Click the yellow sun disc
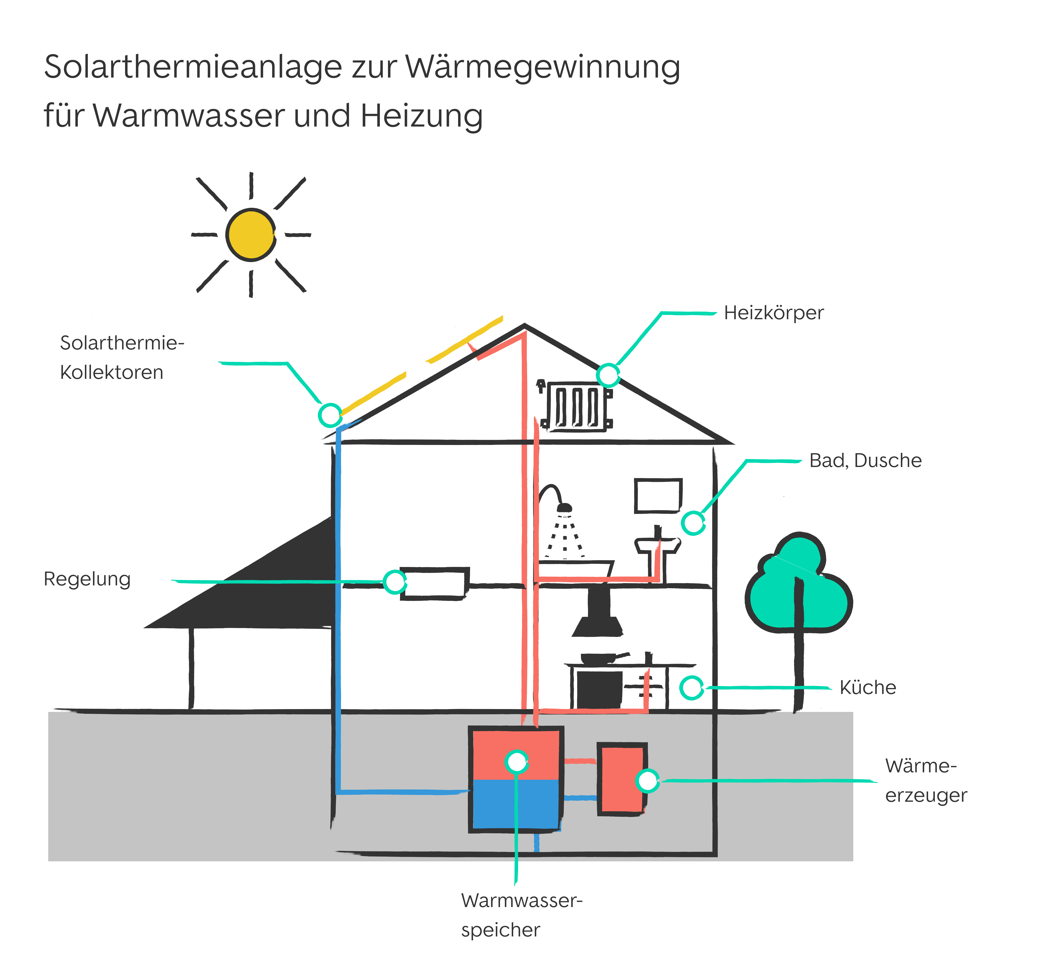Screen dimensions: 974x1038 [251, 235]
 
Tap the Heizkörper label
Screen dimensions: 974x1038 [773, 313]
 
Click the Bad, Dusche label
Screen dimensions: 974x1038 [865, 461]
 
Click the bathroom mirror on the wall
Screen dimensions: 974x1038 [658, 496]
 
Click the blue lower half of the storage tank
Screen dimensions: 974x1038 [515, 803]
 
